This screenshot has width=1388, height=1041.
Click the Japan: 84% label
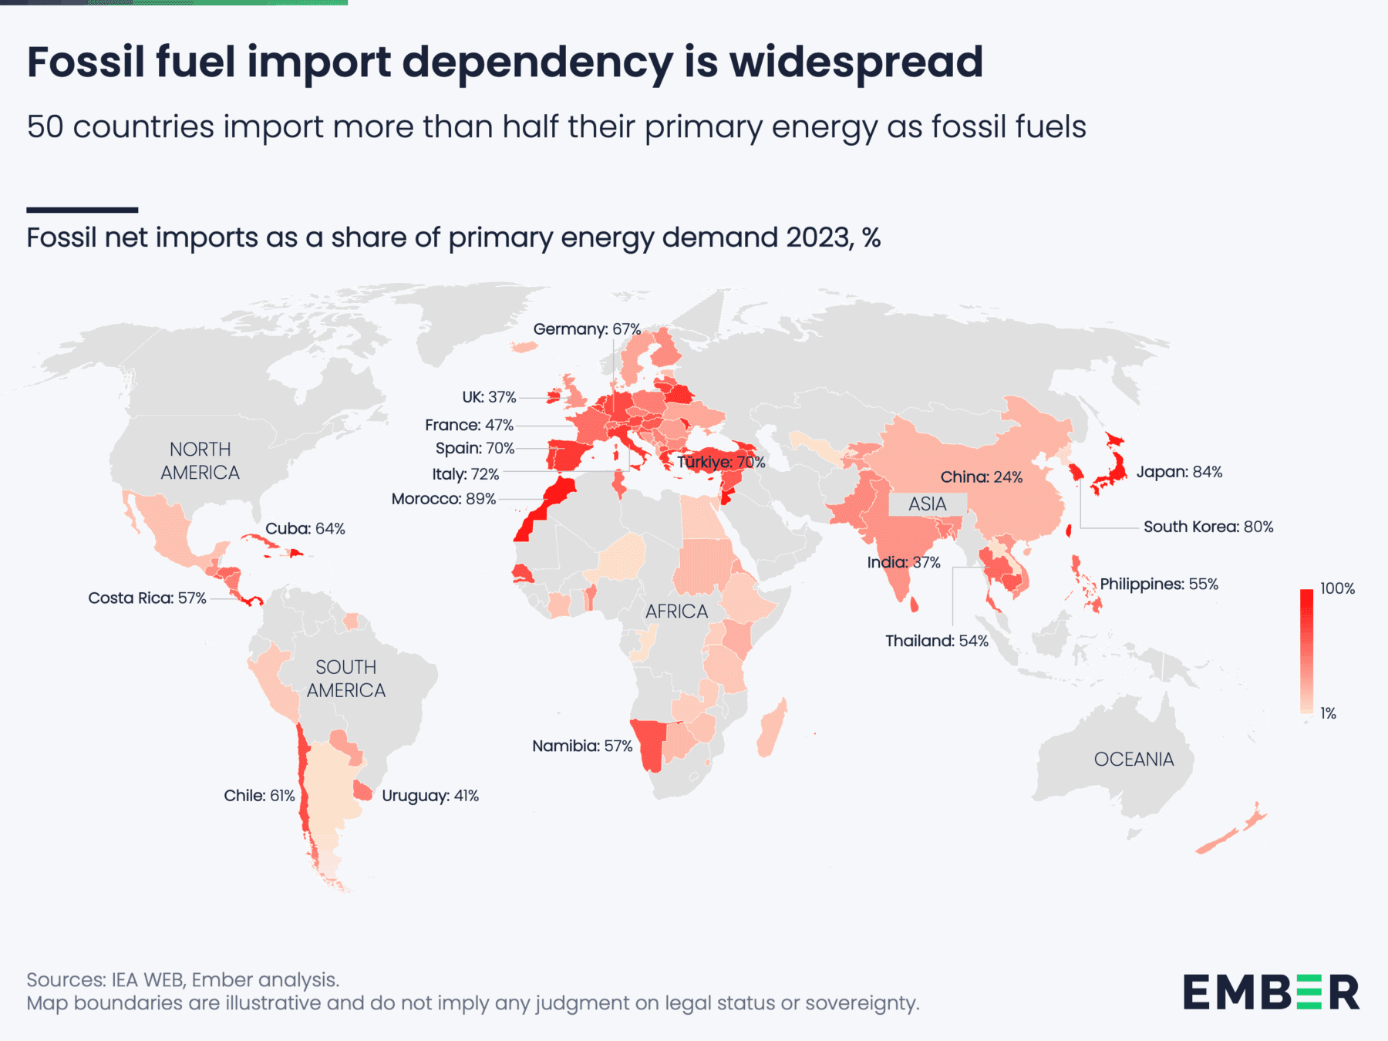pyautogui.click(x=1179, y=472)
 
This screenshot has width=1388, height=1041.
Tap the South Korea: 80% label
pyautogui.click(x=1208, y=527)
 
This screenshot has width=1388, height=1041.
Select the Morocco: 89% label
pyautogui.click(x=443, y=499)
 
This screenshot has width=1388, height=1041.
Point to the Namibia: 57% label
pyautogui.click(x=582, y=746)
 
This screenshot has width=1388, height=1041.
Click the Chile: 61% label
pyautogui.click(x=259, y=795)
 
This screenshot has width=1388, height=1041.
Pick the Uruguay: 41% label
pyautogui.click(x=430, y=795)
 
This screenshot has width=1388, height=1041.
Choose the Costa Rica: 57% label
pyautogui.click(x=147, y=598)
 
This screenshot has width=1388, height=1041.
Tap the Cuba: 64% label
pyautogui.click(x=305, y=528)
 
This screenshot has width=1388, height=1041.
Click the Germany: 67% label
pyautogui.click(x=587, y=329)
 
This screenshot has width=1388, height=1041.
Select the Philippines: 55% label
pyautogui.click(x=1158, y=584)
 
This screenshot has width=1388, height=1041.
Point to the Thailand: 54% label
pyautogui.click(x=936, y=641)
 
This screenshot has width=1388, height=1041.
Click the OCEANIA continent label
pyautogui.click(x=1134, y=760)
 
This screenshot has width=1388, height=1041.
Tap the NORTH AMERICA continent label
pyautogui.click(x=200, y=460)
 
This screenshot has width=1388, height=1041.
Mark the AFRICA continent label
pyautogui.click(x=676, y=611)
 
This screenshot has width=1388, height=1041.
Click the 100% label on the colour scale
pyautogui.click(x=1337, y=588)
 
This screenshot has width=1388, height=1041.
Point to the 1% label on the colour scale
pyautogui.click(x=1328, y=713)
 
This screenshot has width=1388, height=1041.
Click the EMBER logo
pyautogui.click(x=1271, y=992)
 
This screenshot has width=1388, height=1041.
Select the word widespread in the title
pyautogui.click(x=856, y=62)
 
